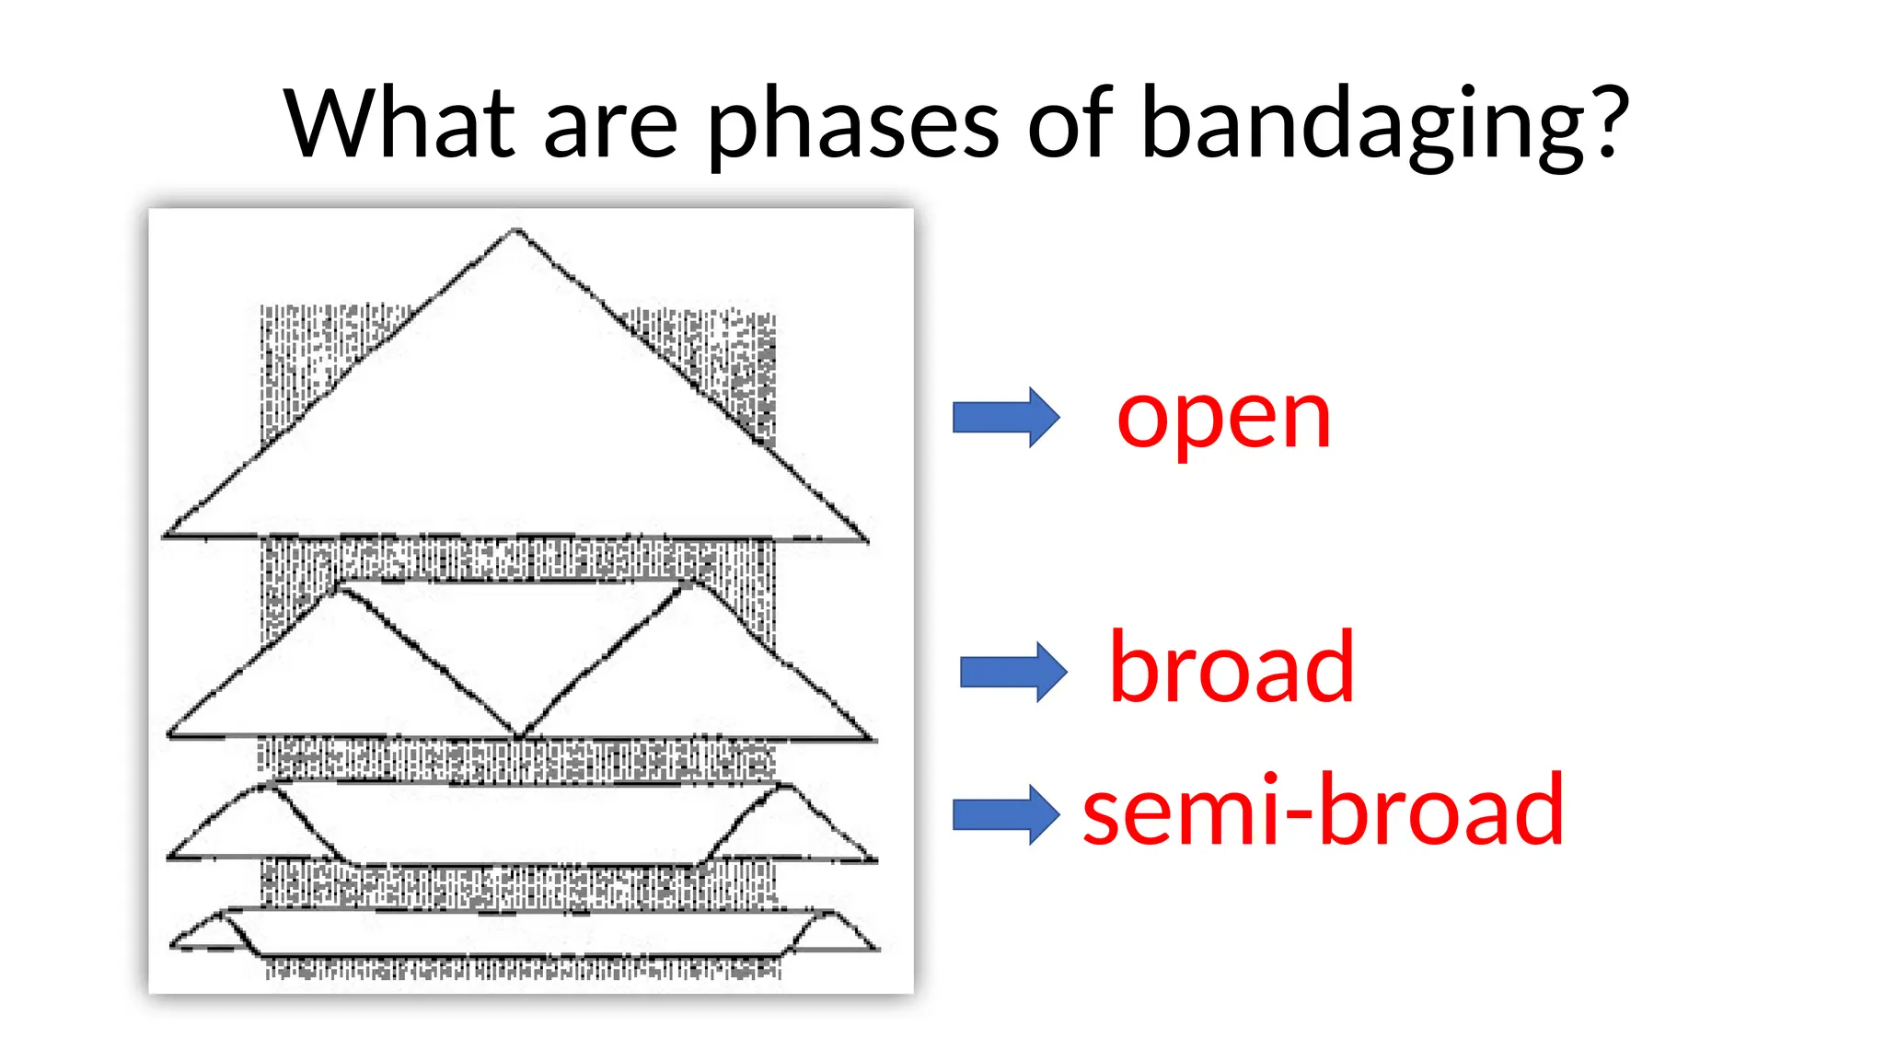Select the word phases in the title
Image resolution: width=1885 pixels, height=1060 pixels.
point(852,125)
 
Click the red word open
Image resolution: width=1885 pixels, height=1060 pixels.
point(1223,420)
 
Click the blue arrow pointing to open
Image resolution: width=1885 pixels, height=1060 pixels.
point(1005,417)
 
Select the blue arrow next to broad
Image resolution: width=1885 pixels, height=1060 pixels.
point(1012,672)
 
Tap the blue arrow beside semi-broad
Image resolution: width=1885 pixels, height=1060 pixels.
point(1005,814)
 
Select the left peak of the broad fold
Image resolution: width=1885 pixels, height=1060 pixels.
point(341,589)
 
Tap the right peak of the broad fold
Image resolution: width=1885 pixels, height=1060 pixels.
point(690,585)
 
